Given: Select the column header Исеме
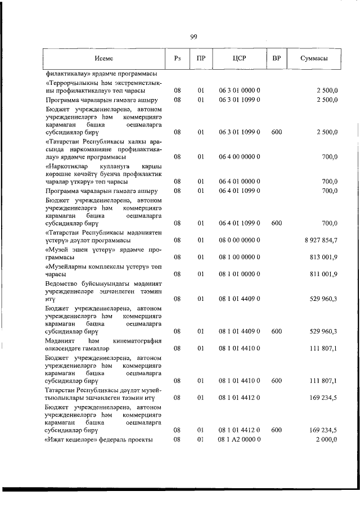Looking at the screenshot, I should [x=103, y=58].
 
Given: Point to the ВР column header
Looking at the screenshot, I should [x=276, y=58].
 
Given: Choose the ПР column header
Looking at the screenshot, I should [x=200, y=58].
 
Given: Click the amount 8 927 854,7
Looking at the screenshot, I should [x=319, y=241].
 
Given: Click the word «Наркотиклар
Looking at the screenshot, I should [x=66, y=167].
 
